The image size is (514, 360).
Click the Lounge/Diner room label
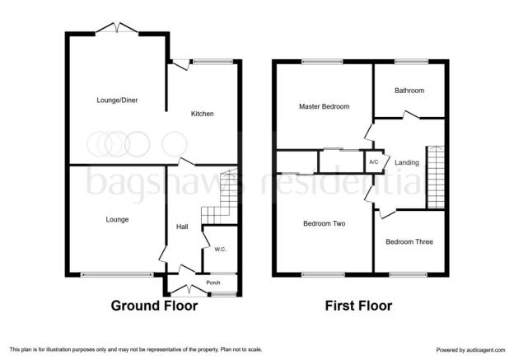point(117,101)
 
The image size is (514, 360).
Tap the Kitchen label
point(203,114)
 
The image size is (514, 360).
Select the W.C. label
point(220,250)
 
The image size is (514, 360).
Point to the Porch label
point(213,283)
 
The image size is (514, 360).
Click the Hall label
point(182,227)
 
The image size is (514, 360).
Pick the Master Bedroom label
point(325,106)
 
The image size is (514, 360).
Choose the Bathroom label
point(409,91)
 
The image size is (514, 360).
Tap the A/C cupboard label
point(374,162)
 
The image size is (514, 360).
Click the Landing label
point(407,162)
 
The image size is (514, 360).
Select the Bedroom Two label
point(325,223)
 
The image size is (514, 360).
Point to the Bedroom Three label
point(409,242)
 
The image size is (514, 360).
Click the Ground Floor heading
point(154,306)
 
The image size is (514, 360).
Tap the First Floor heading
point(358,306)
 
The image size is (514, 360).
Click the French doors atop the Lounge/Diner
point(117,28)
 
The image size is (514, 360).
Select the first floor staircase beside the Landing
point(436,177)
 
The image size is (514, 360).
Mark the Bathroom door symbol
point(411,115)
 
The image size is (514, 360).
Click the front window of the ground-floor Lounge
point(117,275)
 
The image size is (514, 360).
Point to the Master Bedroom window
point(322,61)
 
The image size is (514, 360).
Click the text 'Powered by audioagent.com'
point(470,350)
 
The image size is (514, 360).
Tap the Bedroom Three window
point(408,275)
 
